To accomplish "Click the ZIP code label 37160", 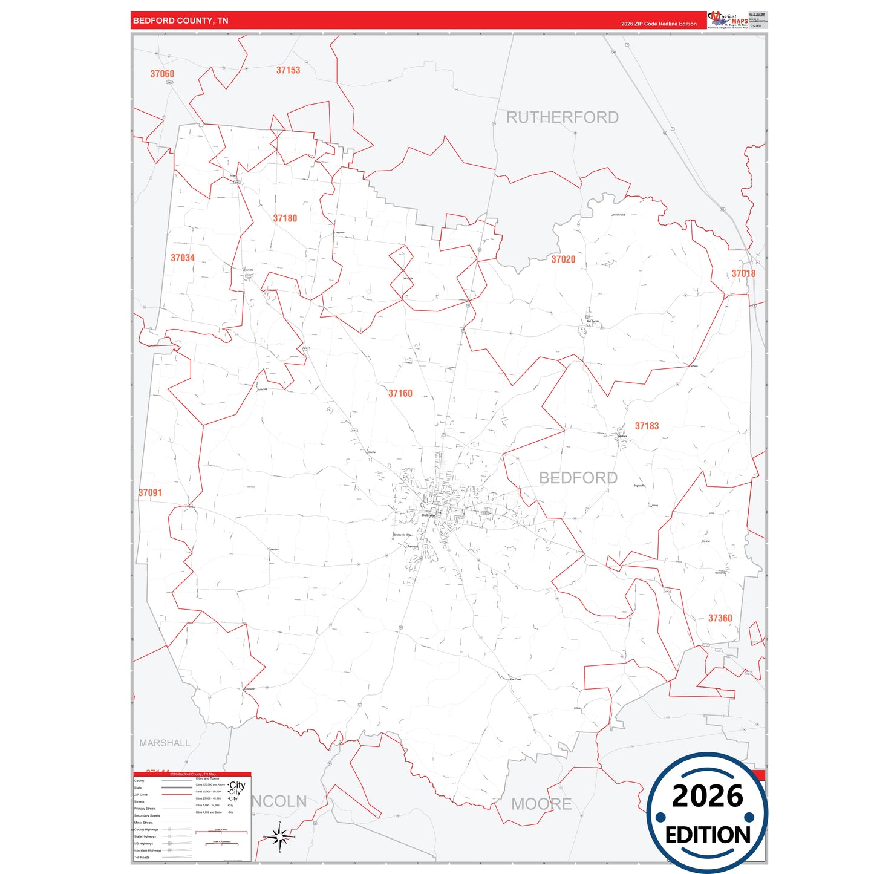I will click(x=400, y=393).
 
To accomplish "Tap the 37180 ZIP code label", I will click(x=285, y=218).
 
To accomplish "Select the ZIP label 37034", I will click(x=183, y=258).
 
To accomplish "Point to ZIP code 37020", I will click(x=563, y=259).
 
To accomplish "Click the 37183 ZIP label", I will click(x=647, y=426).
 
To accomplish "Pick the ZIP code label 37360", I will click(x=720, y=618).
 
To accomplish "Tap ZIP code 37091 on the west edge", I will click(x=150, y=493).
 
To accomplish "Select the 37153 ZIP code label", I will click(x=288, y=70).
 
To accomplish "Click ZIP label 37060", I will click(x=162, y=74).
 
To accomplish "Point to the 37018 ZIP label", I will click(x=743, y=273).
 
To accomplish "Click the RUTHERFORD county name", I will click(x=563, y=117).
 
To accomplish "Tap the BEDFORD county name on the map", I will click(x=578, y=478).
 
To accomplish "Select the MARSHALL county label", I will click(x=165, y=743).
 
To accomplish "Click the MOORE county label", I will click(x=541, y=804).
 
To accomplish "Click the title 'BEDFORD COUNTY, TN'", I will click(x=181, y=21).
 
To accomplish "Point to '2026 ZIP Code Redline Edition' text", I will click(x=659, y=24).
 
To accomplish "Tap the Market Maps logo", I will click(x=728, y=20).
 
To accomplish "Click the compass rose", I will click(x=279, y=838).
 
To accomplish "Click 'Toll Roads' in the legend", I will click(x=142, y=857).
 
